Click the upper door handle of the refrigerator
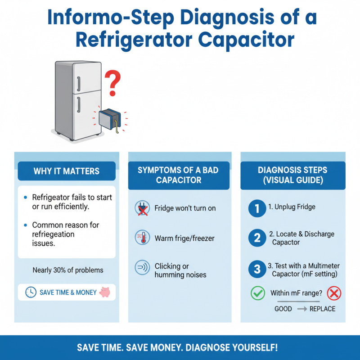[78, 84]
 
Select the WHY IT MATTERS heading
[67, 171]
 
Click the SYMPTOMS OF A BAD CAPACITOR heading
[179, 175]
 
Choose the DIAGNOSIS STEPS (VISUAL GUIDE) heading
[292, 175]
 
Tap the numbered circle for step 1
[257, 208]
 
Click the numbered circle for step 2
[257, 238]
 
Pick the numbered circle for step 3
[257, 270]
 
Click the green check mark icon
[257, 293]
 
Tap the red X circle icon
[334, 293]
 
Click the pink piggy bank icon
[105, 292]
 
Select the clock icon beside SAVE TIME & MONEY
[31, 292]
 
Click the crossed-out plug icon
[142, 208]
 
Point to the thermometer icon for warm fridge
[142, 238]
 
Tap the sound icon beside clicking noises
[142, 268]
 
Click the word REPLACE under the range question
[323, 309]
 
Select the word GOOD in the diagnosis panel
[283, 309]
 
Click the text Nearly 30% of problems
[68, 270]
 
